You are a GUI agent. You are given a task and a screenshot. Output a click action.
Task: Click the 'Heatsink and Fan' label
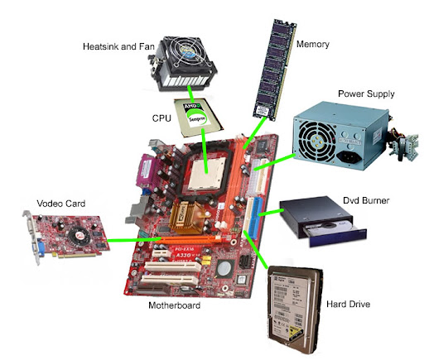(x=118, y=46)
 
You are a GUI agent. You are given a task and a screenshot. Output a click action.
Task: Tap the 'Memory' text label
(x=313, y=44)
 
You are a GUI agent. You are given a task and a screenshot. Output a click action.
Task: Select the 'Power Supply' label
(x=366, y=94)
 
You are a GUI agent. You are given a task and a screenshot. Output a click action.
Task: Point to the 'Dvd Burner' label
(x=366, y=200)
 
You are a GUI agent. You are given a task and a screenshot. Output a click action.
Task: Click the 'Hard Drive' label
(x=348, y=304)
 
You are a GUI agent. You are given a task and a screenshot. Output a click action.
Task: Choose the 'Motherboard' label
(x=174, y=305)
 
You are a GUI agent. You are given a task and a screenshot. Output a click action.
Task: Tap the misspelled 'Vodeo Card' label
(x=61, y=204)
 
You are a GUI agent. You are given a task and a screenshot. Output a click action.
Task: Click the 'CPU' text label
(x=161, y=118)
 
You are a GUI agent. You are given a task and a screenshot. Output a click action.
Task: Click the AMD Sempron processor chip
(x=198, y=117)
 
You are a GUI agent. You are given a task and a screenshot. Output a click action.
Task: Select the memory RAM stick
(x=274, y=70)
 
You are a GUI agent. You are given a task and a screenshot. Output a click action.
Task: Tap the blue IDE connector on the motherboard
(x=255, y=218)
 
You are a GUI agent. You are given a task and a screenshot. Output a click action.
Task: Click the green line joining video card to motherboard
(x=134, y=239)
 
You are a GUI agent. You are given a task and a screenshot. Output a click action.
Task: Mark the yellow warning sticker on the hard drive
(x=296, y=332)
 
